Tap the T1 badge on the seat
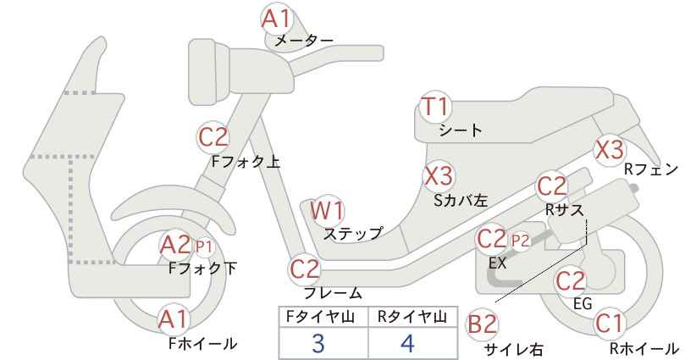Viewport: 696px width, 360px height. tap(435, 107)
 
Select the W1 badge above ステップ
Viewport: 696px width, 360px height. tap(327, 210)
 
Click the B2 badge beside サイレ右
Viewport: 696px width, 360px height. tap(483, 324)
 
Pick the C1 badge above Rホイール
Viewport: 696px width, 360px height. tap(609, 324)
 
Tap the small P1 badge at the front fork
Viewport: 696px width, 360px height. tap(204, 246)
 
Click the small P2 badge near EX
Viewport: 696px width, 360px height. tap(520, 241)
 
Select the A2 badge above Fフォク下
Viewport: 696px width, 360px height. tap(176, 245)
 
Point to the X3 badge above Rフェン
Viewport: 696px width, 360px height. tap(610, 150)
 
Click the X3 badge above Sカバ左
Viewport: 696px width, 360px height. tap(439, 176)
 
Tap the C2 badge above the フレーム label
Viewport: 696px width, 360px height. tap(305, 269)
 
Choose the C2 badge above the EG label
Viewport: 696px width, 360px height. tap(571, 280)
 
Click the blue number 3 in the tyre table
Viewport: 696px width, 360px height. tap(318, 343)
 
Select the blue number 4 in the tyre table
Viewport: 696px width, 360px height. tap(407, 343)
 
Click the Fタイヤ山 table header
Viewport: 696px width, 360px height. tap(319, 317)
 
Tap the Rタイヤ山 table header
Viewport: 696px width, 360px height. tap(412, 317)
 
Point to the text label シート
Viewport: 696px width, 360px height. tap(461, 130)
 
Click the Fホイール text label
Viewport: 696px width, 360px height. tap(203, 343)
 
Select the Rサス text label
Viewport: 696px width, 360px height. tap(564, 209)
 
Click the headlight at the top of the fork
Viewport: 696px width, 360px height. tap(209, 71)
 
